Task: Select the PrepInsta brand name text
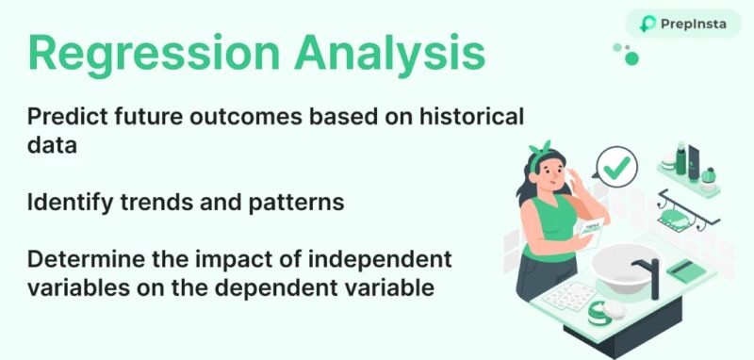click(696, 24)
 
